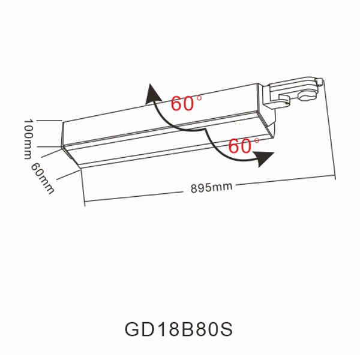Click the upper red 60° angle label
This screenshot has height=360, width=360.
183,103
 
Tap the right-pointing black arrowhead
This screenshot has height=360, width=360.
263,158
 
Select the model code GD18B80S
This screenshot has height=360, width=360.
178,329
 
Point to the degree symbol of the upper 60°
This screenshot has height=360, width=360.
199,97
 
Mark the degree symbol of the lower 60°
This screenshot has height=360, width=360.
257,140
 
